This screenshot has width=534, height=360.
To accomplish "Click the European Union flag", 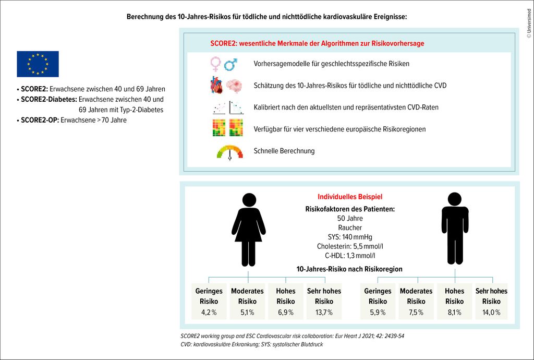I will pyautogui.click(x=38, y=64).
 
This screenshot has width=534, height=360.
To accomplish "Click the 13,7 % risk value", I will pyautogui.click(x=324, y=313).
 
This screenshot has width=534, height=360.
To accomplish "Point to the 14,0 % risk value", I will pyautogui.click(x=491, y=313).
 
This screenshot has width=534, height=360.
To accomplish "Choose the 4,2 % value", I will pyautogui.click(x=209, y=313).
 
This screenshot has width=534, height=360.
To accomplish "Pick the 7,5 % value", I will pyautogui.click(x=416, y=313).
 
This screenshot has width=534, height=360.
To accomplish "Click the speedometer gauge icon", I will pyautogui.click(x=229, y=152).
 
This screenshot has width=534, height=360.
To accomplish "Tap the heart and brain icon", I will pyautogui.click(x=227, y=85).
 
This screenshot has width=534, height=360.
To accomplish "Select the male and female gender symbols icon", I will pyautogui.click(x=224, y=64).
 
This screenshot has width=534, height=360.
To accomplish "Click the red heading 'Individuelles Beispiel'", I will pyautogui.click(x=350, y=197).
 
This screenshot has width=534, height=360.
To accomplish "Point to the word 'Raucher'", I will pyautogui.click(x=349, y=227).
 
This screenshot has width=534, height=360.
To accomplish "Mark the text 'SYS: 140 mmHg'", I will pyautogui.click(x=349, y=237).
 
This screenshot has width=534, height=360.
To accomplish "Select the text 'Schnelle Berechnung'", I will pyautogui.click(x=284, y=151).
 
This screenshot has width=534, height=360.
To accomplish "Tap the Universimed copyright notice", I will pyautogui.click(x=528, y=21).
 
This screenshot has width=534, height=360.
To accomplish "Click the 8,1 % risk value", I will pyautogui.click(x=454, y=313).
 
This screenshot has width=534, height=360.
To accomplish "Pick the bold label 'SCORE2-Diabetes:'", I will pyautogui.click(x=48, y=99).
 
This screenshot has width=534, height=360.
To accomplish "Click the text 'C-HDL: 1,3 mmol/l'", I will pyautogui.click(x=349, y=256).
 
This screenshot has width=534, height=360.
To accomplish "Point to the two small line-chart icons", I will pyautogui.click(x=228, y=107).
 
